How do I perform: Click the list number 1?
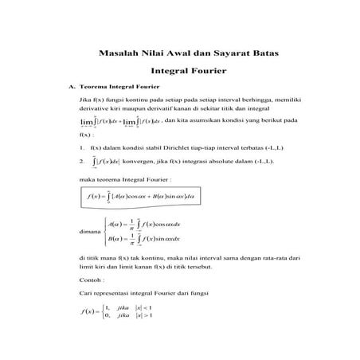tap(82, 147)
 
